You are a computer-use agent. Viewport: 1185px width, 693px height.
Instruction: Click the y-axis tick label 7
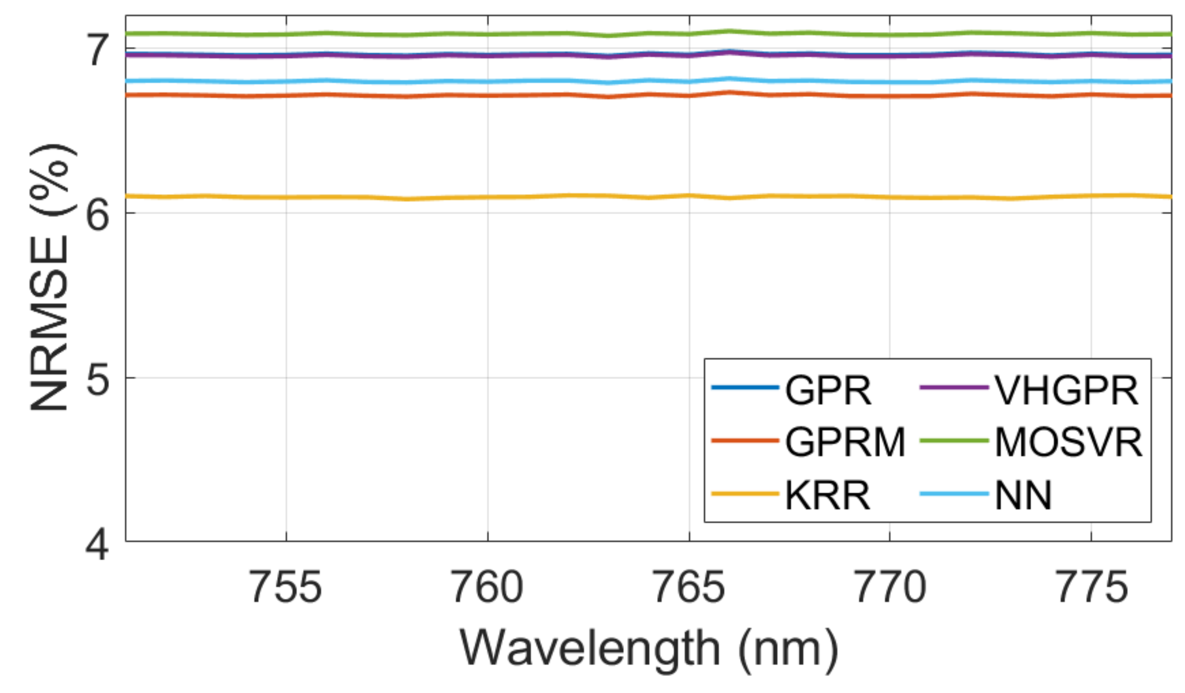point(98,50)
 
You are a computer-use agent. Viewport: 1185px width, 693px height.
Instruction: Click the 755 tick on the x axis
point(286,587)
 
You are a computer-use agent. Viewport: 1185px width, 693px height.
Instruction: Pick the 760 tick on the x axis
point(487,587)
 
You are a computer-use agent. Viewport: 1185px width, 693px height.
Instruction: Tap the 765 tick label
point(689,587)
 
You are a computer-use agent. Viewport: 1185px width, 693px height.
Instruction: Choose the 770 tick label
point(890,587)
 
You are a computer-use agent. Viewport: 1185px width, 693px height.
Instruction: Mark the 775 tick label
point(1091,587)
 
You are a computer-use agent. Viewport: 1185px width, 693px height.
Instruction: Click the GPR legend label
point(828,390)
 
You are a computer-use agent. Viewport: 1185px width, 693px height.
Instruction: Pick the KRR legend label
point(827,495)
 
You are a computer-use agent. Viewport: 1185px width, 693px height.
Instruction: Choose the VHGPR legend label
point(1066,390)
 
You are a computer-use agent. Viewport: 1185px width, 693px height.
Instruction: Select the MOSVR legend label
point(1068,443)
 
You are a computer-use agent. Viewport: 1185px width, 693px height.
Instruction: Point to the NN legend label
point(1023,495)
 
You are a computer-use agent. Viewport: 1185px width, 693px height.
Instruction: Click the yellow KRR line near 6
point(517,197)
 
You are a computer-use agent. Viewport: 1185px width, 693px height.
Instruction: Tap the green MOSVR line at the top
point(517,34)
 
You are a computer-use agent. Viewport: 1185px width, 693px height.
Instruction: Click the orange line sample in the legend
point(745,441)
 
